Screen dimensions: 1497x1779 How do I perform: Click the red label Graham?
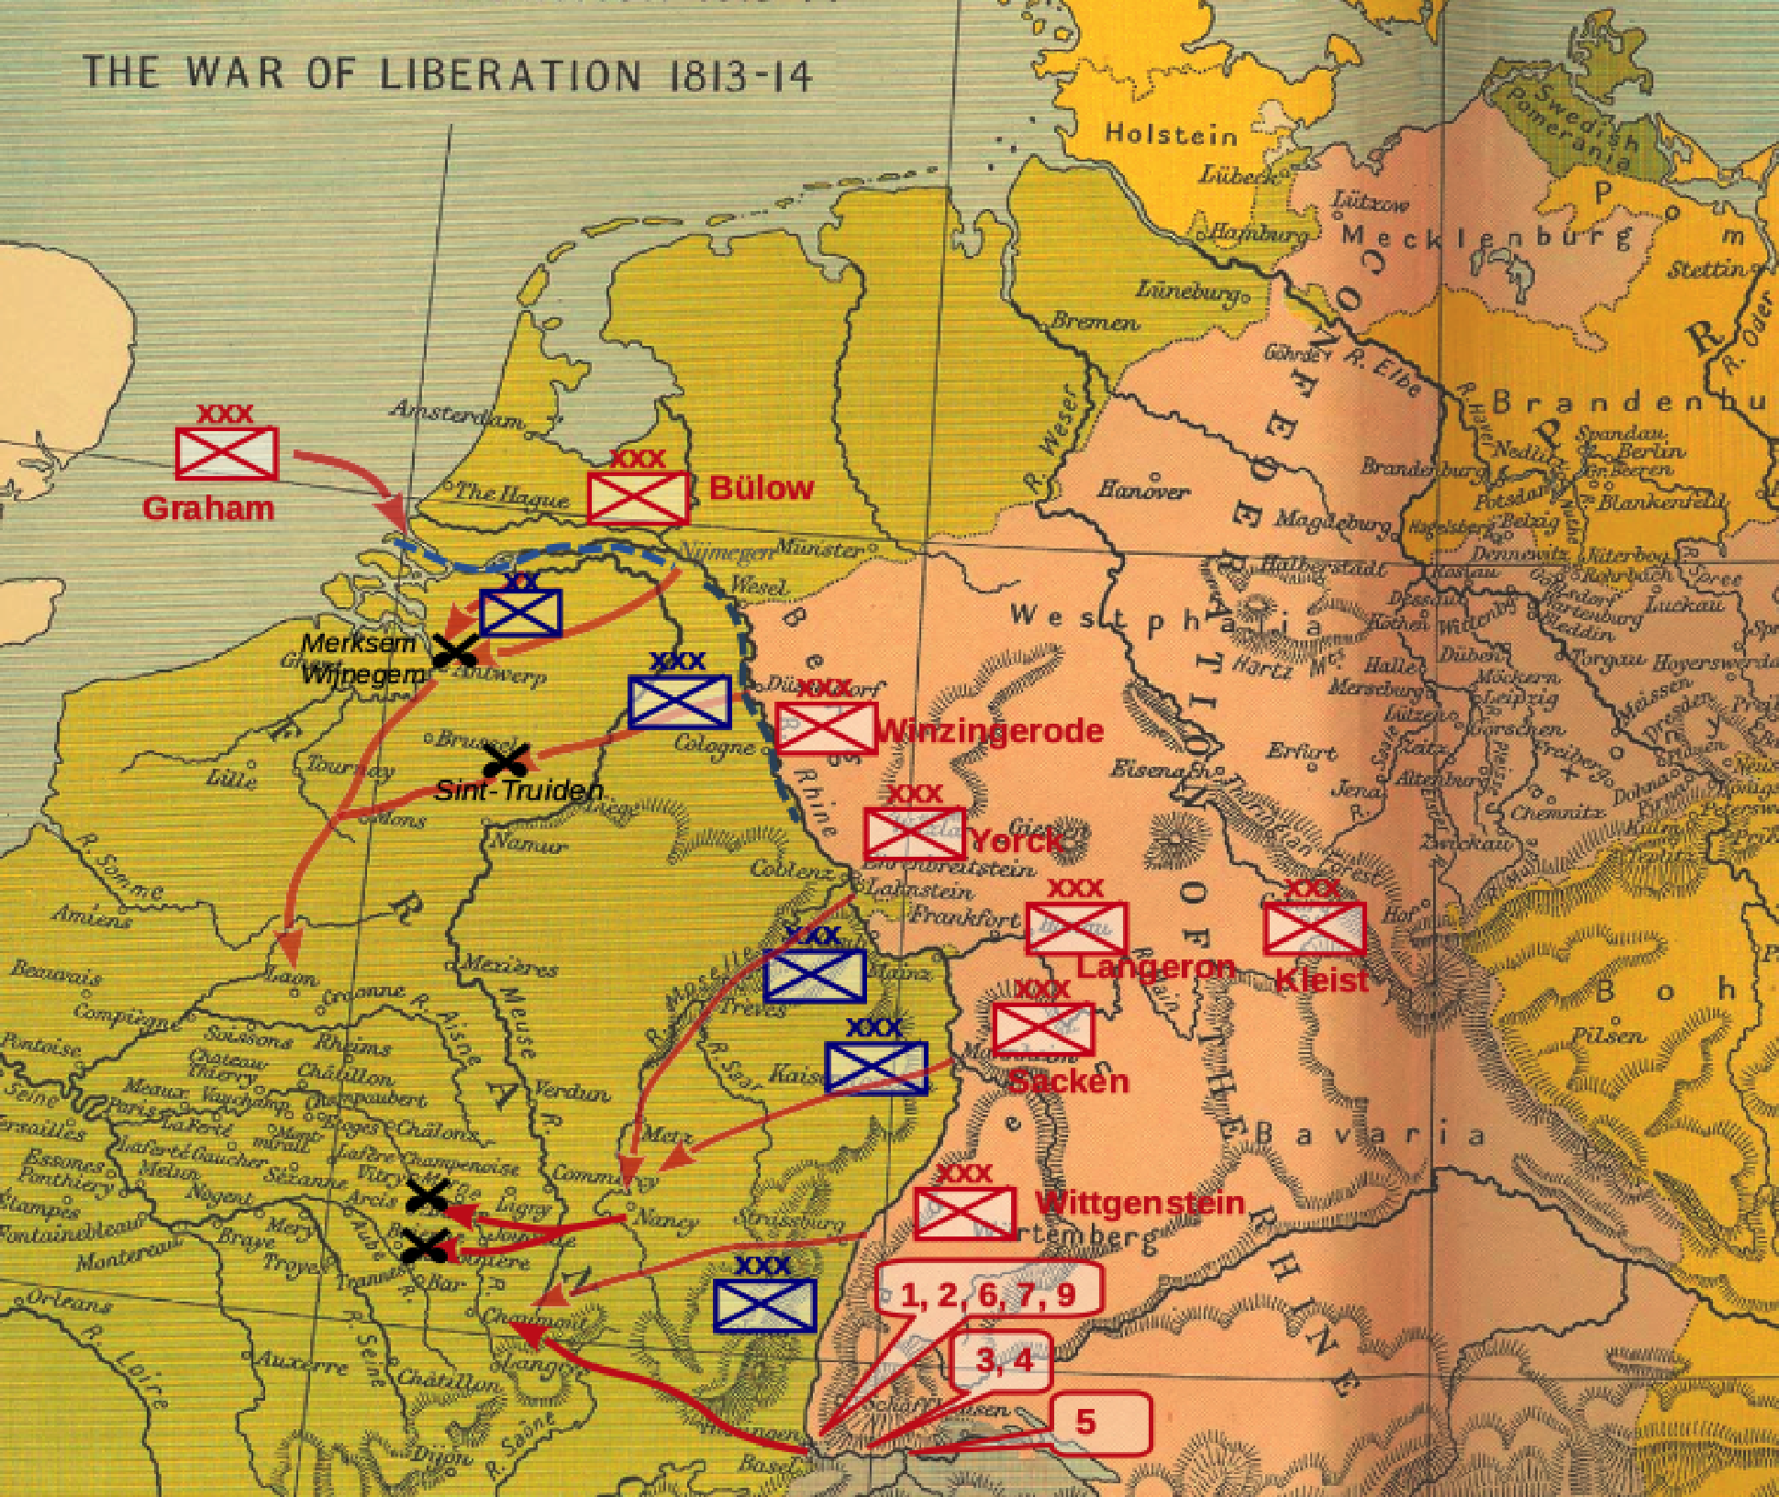[x=208, y=508]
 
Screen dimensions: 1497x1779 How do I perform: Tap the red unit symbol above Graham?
[x=227, y=452]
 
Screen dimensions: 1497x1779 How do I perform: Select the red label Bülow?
[x=762, y=488]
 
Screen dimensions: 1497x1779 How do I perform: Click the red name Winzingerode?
[x=990, y=731]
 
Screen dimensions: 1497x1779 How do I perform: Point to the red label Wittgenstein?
[x=1140, y=1203]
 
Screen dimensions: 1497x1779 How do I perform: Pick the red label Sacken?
[x=1068, y=1081]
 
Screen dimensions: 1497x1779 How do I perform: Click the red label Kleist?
[x=1321, y=981]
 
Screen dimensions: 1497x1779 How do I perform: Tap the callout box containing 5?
[x=1099, y=1423]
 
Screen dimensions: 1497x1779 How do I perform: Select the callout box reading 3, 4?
[x=1004, y=1359]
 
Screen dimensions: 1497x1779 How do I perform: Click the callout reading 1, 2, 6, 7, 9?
[x=988, y=1294]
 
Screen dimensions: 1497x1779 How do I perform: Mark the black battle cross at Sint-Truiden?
[x=506, y=760]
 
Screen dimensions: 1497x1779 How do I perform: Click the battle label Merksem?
[x=358, y=643]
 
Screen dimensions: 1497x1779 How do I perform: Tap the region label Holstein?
[x=1172, y=135]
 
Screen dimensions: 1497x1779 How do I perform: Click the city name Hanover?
[x=1143, y=489]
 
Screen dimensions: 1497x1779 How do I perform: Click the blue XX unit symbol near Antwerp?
[x=520, y=612]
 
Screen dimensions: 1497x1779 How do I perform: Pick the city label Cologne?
[x=714, y=744]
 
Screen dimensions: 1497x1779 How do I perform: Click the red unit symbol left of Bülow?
[x=638, y=498]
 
